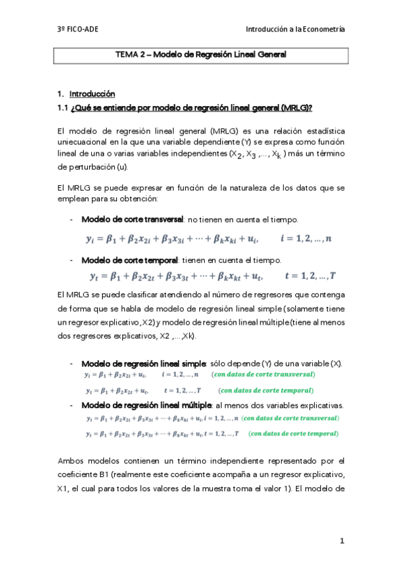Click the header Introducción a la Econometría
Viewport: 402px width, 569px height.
pyautogui.click(x=295, y=29)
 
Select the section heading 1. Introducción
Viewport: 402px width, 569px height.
pyautogui.click(x=87, y=93)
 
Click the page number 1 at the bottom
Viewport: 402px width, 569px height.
pyautogui.click(x=342, y=540)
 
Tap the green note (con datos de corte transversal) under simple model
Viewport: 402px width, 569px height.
pyautogui.click(x=263, y=374)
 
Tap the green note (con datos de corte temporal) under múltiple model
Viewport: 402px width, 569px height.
pyautogui.click(x=292, y=433)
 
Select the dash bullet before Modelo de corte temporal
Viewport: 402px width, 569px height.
pyautogui.click(x=72, y=260)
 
